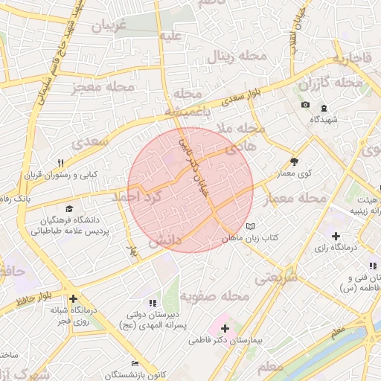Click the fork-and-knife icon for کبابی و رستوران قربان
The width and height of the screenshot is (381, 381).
click(61, 163)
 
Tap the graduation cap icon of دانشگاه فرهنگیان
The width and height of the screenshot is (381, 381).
click(69, 210)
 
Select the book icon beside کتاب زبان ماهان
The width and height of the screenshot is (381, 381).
click(249, 226)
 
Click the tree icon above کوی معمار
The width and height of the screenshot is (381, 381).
click(295, 161)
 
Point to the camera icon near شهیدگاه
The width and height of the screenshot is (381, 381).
click(305, 105)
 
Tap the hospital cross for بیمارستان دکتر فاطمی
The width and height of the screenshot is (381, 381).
click(225, 327)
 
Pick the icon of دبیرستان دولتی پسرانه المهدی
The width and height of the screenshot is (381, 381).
click(153, 303)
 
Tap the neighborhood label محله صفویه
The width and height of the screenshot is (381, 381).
click(219, 296)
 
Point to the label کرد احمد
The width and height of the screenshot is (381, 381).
click(135, 196)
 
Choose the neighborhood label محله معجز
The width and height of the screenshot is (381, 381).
click(103, 88)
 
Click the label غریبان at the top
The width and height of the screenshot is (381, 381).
click(110, 25)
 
